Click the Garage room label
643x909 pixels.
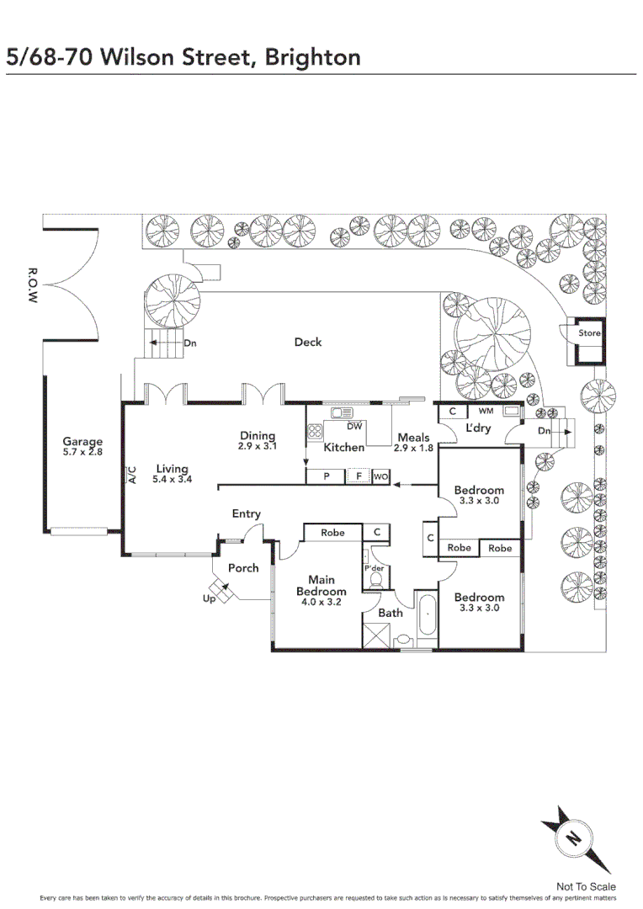click(x=82, y=442)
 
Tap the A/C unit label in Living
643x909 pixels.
click(x=131, y=475)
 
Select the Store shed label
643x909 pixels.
click(x=589, y=332)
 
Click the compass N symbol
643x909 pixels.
click(x=573, y=837)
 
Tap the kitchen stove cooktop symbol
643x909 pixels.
click(x=315, y=431)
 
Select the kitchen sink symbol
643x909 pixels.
click(x=342, y=412)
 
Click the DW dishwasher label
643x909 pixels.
click(x=354, y=426)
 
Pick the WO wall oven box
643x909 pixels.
click(x=381, y=476)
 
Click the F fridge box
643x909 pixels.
click(x=359, y=476)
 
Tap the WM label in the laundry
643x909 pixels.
click(x=486, y=411)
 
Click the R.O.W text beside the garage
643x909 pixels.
click(x=33, y=285)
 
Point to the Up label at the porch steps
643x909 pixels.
click(x=210, y=598)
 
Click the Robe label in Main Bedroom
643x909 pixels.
click(x=332, y=532)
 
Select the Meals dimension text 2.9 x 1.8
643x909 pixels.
click(x=413, y=448)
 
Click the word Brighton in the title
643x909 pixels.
click(x=312, y=58)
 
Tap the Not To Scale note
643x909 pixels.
click(x=586, y=886)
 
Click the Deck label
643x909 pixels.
click(x=308, y=342)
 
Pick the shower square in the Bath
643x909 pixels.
click(x=377, y=635)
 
